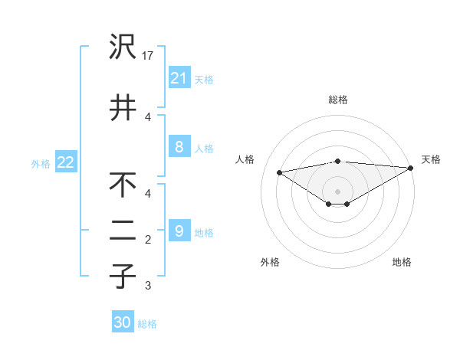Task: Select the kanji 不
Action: coord(123,186)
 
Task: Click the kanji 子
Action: coord(123,276)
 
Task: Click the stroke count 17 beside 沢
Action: coord(149,56)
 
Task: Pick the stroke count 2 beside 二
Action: coord(148,240)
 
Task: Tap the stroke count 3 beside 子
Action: coord(148,286)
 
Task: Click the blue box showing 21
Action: coord(179,77)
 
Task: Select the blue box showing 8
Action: coord(179,146)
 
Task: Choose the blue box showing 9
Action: coord(179,231)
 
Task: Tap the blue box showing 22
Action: coord(65,162)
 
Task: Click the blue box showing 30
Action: coord(123,322)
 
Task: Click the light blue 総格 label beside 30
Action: coord(147,324)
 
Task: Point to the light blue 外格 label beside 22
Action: coord(40,163)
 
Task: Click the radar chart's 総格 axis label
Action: coord(337,100)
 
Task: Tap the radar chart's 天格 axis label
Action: coord(431,159)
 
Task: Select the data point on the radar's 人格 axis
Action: coord(279,172)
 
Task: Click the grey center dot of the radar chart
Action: coord(337,190)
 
